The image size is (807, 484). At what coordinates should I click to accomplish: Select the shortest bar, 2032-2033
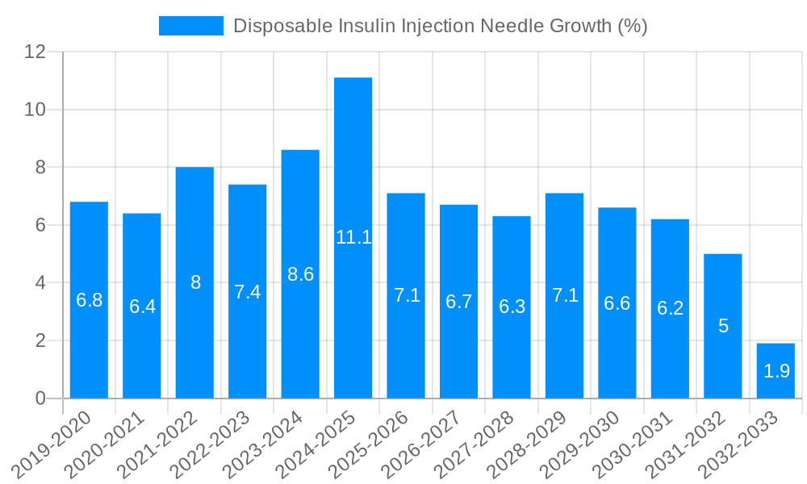click(776, 371)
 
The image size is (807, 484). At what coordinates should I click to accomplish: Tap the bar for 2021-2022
click(194, 282)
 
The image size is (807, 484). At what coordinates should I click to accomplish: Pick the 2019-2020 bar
click(89, 300)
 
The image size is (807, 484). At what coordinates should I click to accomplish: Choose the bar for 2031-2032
click(722, 326)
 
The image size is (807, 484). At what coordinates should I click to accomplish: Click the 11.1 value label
click(353, 237)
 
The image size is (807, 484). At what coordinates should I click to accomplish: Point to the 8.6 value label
click(300, 274)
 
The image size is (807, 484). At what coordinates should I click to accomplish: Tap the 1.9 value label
click(776, 371)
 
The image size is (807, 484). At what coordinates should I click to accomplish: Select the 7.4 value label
click(247, 292)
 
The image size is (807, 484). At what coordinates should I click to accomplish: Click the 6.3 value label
click(512, 307)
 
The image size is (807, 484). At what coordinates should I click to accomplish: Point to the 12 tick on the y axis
click(35, 52)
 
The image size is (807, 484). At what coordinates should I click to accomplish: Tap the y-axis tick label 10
click(35, 110)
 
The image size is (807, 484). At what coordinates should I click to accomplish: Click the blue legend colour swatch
click(191, 26)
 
